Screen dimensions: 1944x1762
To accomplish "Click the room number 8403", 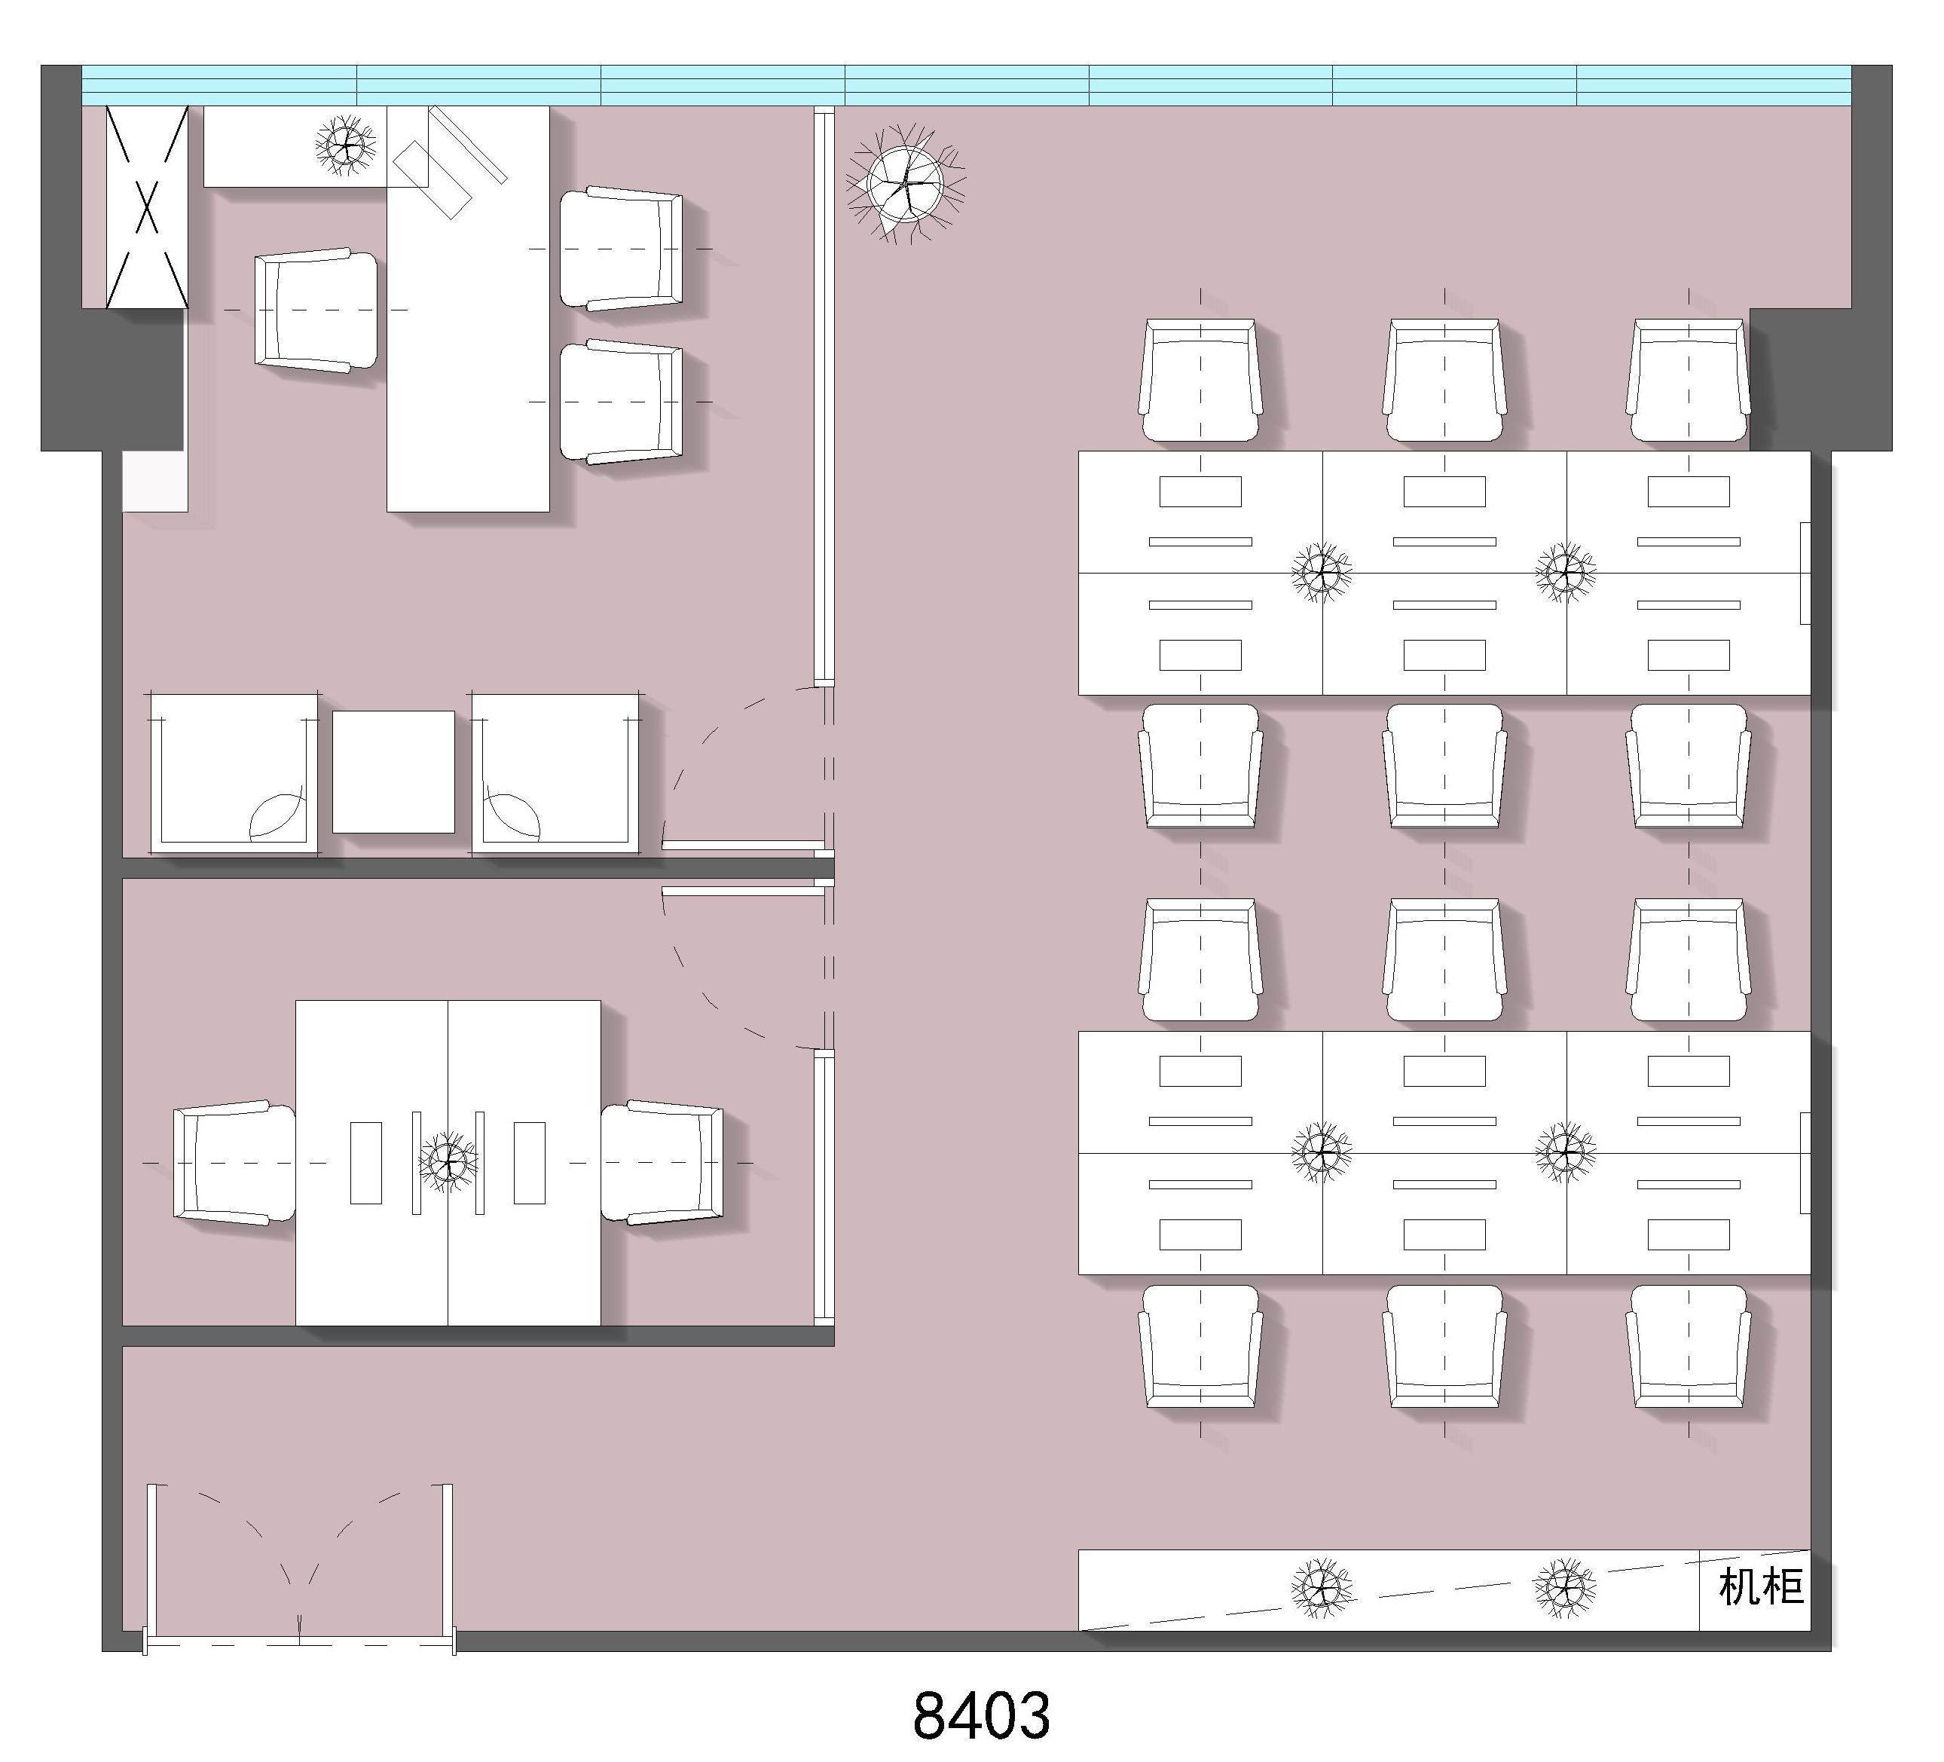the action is point(981,1714).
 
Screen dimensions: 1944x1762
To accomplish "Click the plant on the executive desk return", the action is point(345,145).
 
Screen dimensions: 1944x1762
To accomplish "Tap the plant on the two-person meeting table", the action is point(448,1161).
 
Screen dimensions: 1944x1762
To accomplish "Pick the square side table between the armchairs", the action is point(393,772).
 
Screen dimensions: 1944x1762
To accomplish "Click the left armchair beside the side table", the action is point(234,773).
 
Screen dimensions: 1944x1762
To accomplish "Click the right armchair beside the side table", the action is point(555,773).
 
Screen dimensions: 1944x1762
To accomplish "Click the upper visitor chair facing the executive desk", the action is point(621,249).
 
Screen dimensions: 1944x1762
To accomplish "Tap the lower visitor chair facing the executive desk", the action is point(621,401).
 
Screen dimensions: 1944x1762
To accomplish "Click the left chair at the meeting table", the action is point(234,1163).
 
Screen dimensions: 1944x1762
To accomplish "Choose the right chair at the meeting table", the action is point(662,1163).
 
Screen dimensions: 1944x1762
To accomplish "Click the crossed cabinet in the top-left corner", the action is point(147,206).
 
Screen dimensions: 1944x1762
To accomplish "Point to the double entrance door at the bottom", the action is point(300,1568).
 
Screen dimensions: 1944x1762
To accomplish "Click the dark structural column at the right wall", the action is point(1820,380).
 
